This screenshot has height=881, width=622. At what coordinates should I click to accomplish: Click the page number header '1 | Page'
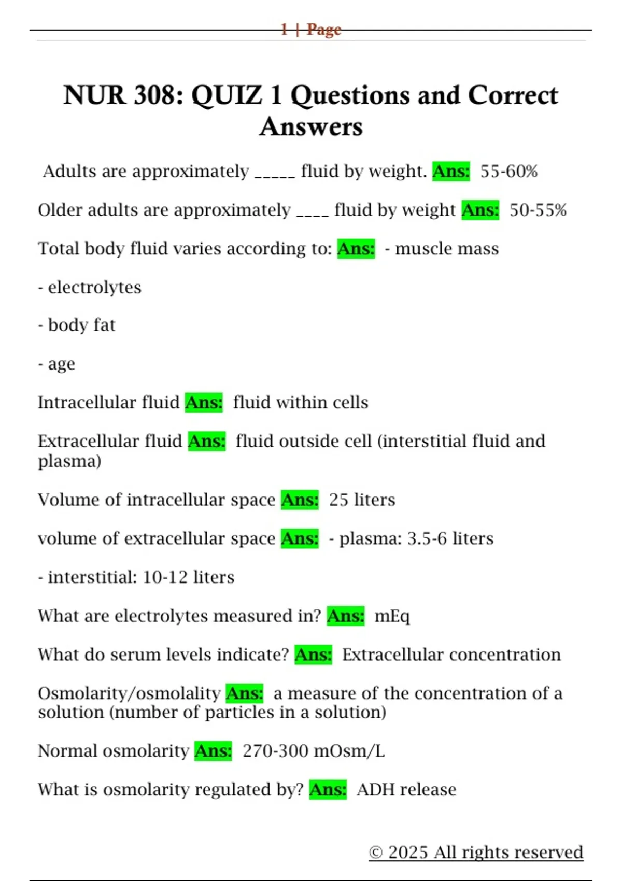click(x=311, y=30)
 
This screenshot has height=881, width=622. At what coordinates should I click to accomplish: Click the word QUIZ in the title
click(x=227, y=95)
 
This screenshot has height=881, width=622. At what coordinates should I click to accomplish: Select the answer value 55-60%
click(x=508, y=172)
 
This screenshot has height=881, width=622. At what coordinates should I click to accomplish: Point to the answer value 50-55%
click(x=538, y=210)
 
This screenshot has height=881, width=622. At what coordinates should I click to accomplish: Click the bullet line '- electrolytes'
click(x=90, y=287)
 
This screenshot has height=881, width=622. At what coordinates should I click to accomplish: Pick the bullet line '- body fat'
click(x=77, y=325)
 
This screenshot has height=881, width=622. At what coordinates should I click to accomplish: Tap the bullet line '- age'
click(x=56, y=364)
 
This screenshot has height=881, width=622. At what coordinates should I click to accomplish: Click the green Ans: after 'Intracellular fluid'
click(x=204, y=402)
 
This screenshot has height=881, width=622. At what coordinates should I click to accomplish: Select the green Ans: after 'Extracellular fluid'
click(x=206, y=441)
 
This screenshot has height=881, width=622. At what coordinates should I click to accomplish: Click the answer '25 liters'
click(x=362, y=500)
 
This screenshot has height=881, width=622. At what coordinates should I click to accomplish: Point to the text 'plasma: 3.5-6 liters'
click(x=416, y=538)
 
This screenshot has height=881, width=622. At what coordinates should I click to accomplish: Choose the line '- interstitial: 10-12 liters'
click(x=136, y=577)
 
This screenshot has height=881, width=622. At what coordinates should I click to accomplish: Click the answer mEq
click(x=392, y=616)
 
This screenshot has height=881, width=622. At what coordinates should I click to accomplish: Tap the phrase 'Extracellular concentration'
click(x=451, y=655)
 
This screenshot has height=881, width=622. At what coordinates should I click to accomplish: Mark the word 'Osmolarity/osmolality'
click(x=129, y=693)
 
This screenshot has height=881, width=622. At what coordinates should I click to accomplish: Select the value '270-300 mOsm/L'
click(x=314, y=751)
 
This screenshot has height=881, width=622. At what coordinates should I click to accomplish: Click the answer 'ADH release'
click(x=406, y=790)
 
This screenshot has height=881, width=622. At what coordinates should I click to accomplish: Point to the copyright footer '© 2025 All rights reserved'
click(x=476, y=852)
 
